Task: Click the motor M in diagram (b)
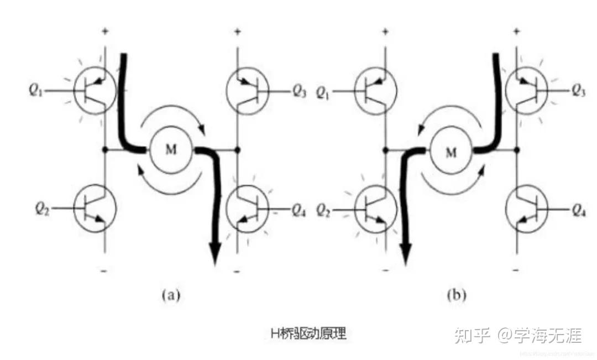(451, 152)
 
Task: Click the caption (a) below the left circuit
(171, 295)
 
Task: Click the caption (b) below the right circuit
(456, 295)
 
